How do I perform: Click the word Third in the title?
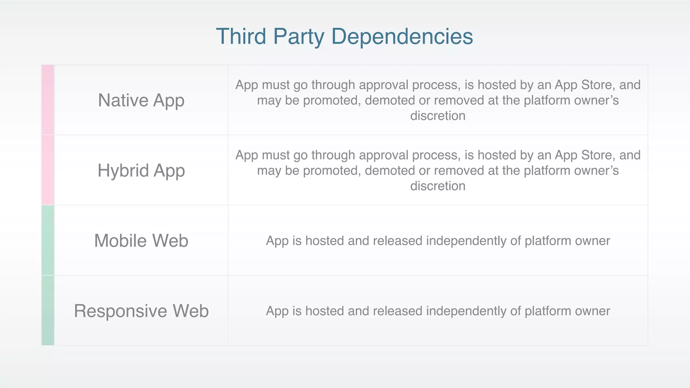coord(241,36)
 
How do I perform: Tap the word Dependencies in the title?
coord(402,36)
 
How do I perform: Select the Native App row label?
coord(141,100)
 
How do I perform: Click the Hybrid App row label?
coord(141,170)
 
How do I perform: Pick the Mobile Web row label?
coord(141,241)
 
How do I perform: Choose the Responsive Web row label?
coord(141,311)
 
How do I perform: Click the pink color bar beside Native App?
coord(48,100)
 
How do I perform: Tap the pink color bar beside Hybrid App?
coord(48,170)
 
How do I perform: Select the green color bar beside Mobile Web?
coord(48,240)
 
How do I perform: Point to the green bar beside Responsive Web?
coord(48,311)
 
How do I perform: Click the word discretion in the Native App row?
coord(438,116)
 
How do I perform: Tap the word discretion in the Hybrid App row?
coord(438,186)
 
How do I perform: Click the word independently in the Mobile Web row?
coord(466,241)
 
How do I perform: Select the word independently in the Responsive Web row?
coord(466,311)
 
